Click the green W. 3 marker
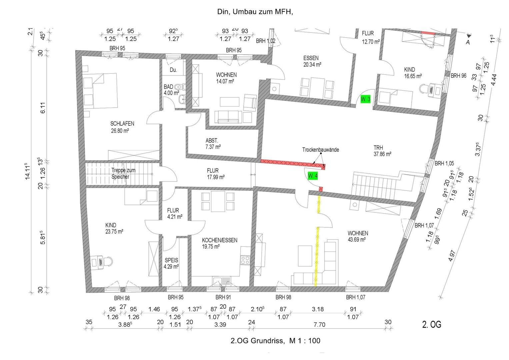pos(365,99)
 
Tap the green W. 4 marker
pos(313,176)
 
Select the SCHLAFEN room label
pos(122,124)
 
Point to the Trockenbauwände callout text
pos(320,150)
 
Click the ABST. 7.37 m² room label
pos(213,144)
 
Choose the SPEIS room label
pos(171,260)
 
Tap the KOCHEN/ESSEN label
pos(220,240)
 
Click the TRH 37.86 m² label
pos(382,151)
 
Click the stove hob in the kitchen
pos(245,260)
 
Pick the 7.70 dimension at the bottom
pos(319,325)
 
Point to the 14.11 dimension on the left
pos(27,171)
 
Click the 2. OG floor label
pos(432,324)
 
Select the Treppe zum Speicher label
pos(123,173)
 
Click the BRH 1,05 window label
pos(444,163)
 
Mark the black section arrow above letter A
pos(469,36)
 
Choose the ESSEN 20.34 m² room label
pos(312,61)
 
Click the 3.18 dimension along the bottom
pos(318,309)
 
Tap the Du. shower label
pos(173,70)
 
